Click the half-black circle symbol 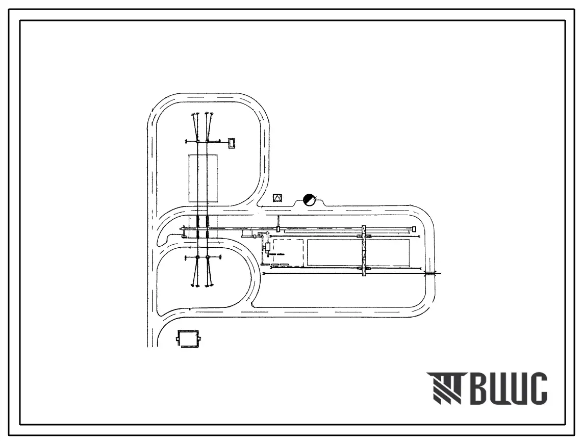(x=309, y=200)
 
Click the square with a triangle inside (x=277, y=198)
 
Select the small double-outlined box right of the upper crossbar (x=232, y=143)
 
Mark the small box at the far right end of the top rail (x=415, y=229)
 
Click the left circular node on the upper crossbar (x=197, y=141)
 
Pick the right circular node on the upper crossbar (x=207, y=141)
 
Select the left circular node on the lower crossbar (x=197, y=257)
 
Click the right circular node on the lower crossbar (x=207, y=257)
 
